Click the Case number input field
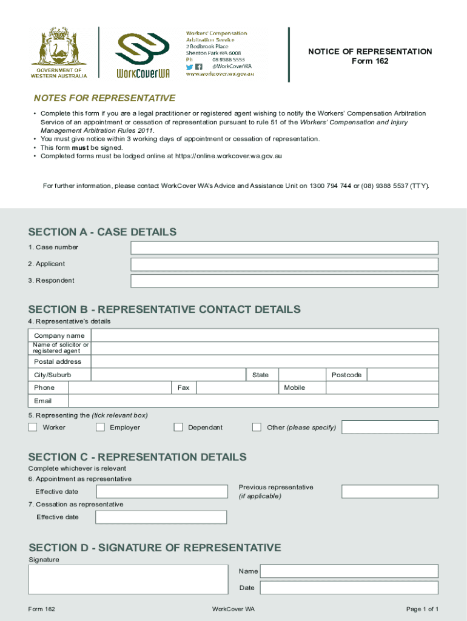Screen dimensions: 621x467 pyautogui.click(x=284, y=247)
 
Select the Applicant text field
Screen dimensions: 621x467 pyautogui.click(x=284, y=264)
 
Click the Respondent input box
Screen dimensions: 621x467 pyautogui.click(x=284, y=281)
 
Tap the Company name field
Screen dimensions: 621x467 pyautogui.click(x=264, y=335)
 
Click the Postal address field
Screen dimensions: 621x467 pyautogui.click(x=264, y=361)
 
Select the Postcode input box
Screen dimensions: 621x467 pyautogui.click(x=403, y=375)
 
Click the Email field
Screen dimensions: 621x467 pyautogui.click(x=253, y=401)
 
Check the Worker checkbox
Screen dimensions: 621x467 pyautogui.click(x=33, y=428)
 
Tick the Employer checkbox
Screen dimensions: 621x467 pyautogui.click(x=100, y=428)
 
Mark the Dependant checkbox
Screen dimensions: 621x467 pyautogui.click(x=178, y=428)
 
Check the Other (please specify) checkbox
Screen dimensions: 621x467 pyautogui.click(x=257, y=428)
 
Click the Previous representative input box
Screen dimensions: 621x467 pyautogui.click(x=389, y=492)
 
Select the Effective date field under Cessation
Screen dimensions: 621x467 pyautogui.click(x=161, y=517)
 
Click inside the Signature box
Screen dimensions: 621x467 pyautogui.click(x=128, y=579)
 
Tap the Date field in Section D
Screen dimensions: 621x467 pyautogui.click(x=349, y=588)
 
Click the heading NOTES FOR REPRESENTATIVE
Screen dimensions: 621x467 pyautogui.click(x=104, y=98)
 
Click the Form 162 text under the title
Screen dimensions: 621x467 pyautogui.click(x=370, y=61)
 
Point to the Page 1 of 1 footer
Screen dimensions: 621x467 pyautogui.click(x=422, y=609)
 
